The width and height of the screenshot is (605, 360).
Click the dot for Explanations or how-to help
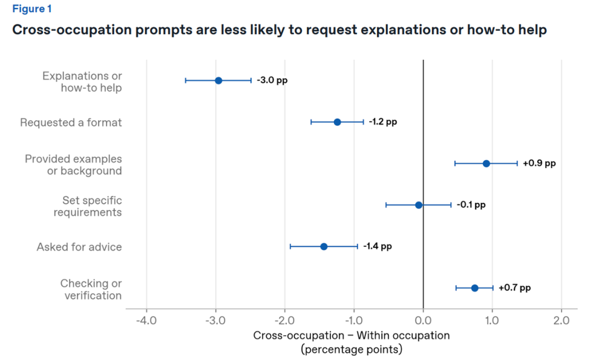click(x=218, y=80)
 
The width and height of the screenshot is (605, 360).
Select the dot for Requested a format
click(x=337, y=122)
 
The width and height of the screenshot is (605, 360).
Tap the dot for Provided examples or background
click(x=486, y=163)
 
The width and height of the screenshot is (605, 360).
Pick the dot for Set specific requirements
click(x=419, y=205)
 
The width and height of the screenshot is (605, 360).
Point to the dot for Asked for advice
click(x=324, y=247)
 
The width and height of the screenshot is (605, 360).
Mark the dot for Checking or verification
click(x=474, y=288)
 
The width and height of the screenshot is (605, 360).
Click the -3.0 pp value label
click(x=272, y=80)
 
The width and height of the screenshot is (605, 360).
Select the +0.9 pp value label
click(x=539, y=163)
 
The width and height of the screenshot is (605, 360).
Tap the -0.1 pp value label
click(x=471, y=205)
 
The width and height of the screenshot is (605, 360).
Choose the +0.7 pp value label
click(x=514, y=288)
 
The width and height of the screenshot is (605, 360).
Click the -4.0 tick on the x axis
click(x=146, y=321)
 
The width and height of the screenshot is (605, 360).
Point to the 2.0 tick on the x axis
click(x=561, y=321)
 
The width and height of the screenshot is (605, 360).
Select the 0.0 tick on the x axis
click(x=423, y=321)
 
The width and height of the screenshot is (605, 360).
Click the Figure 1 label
click(x=32, y=9)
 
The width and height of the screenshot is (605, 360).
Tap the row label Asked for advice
click(x=79, y=247)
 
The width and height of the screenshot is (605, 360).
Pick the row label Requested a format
click(x=71, y=123)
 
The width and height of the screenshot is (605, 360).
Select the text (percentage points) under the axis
click(x=352, y=350)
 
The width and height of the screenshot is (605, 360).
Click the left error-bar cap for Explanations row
click(x=186, y=80)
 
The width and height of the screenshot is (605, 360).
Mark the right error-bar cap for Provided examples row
click(x=517, y=163)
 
